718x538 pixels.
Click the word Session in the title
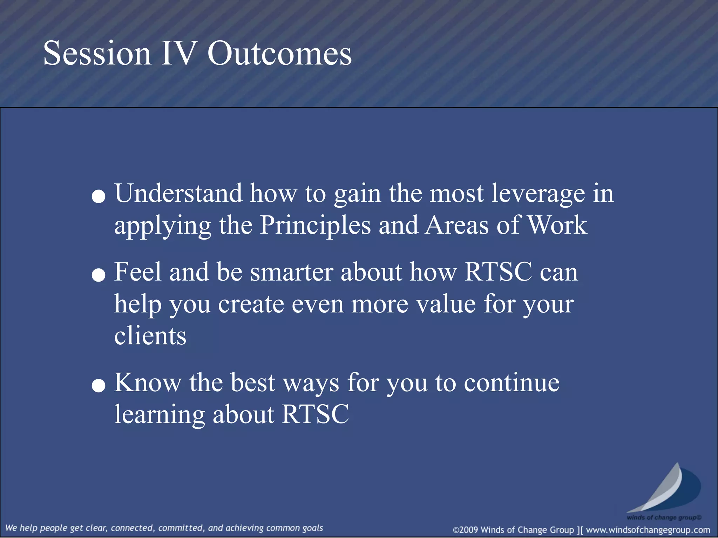click(97, 53)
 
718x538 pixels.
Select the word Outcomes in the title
click(279, 53)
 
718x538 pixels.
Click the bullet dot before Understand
click(99, 196)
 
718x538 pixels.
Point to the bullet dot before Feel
click(99, 275)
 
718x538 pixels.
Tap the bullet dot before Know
click(99, 386)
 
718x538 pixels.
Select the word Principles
click(315, 225)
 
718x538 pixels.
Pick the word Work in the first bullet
click(557, 225)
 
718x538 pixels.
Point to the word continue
click(512, 382)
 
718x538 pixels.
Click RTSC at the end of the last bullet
click(315, 414)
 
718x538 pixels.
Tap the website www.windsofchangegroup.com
click(648, 530)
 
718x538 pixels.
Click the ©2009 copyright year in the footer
click(466, 530)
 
